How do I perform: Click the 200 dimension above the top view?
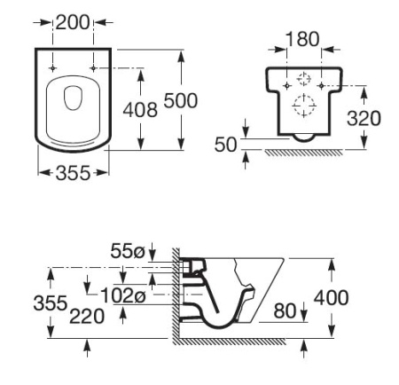[73, 22]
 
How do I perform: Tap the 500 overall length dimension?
[180, 100]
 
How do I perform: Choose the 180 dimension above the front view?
[302, 40]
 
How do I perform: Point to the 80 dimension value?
[285, 310]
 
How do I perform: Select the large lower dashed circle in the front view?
[302, 105]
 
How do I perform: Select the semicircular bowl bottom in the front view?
[302, 137]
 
